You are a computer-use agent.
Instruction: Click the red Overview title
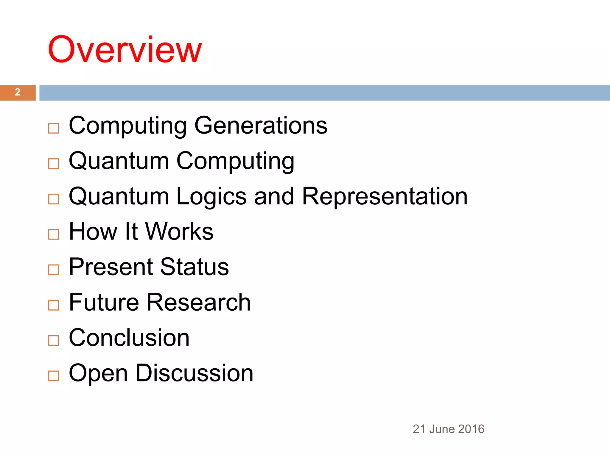(x=125, y=50)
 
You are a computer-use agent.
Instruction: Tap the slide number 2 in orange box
(x=18, y=92)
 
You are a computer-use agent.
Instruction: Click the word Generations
(x=261, y=126)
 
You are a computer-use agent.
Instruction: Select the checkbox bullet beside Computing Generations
(x=54, y=129)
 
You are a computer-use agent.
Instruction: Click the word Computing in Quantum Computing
(x=235, y=161)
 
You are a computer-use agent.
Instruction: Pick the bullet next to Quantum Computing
(x=54, y=164)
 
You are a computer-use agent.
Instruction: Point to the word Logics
(x=211, y=196)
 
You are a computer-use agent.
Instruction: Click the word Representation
(x=385, y=196)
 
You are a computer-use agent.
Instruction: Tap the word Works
(x=179, y=231)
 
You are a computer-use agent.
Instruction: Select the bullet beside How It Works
(x=54, y=234)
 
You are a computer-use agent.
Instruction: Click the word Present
(x=111, y=267)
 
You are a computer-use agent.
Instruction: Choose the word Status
(x=194, y=267)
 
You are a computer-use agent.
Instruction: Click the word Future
(x=104, y=302)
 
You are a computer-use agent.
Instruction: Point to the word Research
(x=199, y=302)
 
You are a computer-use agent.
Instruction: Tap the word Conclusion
(x=129, y=338)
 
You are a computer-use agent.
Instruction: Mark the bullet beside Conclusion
(x=54, y=340)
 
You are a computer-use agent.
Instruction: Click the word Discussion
(x=194, y=373)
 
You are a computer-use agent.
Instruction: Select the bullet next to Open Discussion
(x=54, y=376)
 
